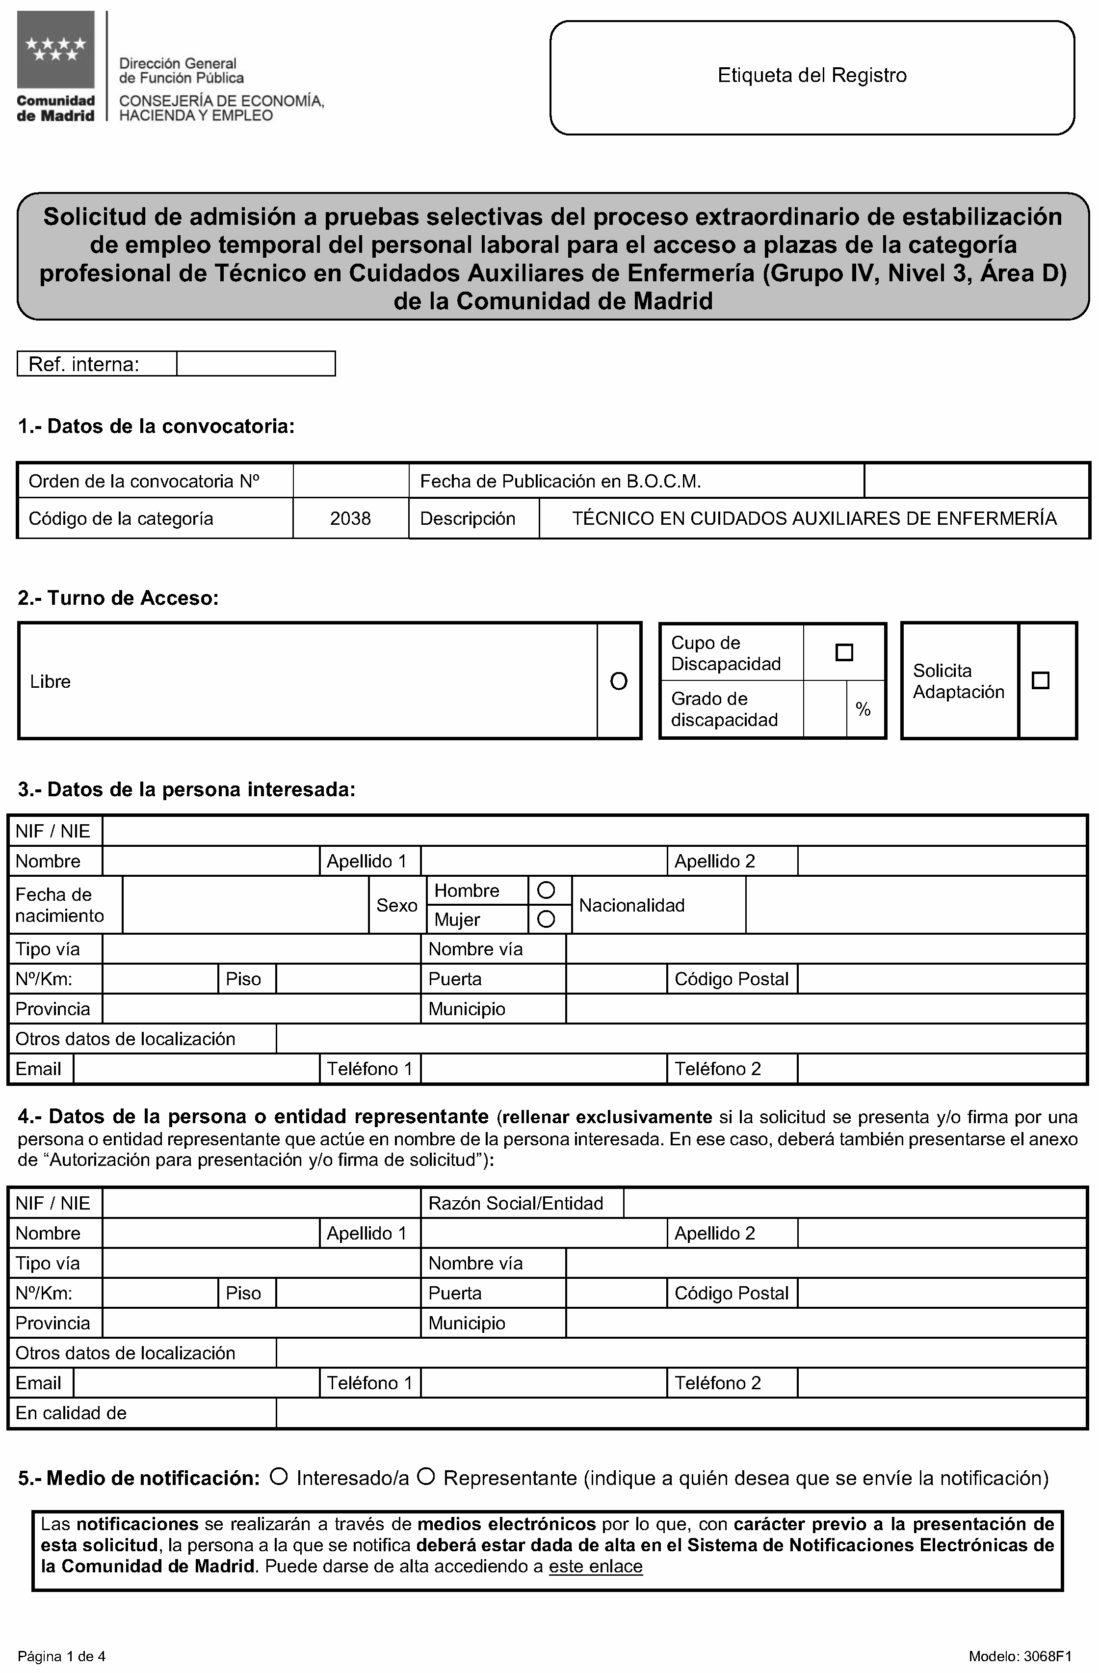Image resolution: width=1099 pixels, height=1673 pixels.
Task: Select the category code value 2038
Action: (350, 519)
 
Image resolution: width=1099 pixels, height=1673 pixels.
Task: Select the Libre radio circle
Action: (618, 681)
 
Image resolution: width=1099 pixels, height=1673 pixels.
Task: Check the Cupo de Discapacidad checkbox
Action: (844, 652)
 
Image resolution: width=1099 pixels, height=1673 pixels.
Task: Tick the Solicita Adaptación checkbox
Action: (1040, 680)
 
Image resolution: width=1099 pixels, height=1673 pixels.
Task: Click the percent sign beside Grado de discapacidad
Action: (863, 709)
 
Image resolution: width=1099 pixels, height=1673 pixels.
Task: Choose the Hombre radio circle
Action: (546, 890)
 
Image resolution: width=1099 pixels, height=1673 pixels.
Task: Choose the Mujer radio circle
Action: (546, 919)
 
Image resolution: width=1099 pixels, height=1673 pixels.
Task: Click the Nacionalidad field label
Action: (632, 905)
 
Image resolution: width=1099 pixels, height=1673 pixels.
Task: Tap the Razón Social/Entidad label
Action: (516, 1203)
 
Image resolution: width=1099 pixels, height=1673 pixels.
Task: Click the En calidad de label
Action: (71, 1413)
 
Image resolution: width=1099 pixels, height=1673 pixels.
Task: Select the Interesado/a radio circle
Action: (279, 1477)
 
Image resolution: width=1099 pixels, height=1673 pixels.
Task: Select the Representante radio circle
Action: (426, 1477)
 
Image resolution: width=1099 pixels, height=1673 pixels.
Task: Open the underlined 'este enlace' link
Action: (595, 1567)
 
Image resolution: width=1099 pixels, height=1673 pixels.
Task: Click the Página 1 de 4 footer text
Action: (62, 1657)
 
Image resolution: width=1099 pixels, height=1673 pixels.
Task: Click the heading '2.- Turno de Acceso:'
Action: (118, 598)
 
